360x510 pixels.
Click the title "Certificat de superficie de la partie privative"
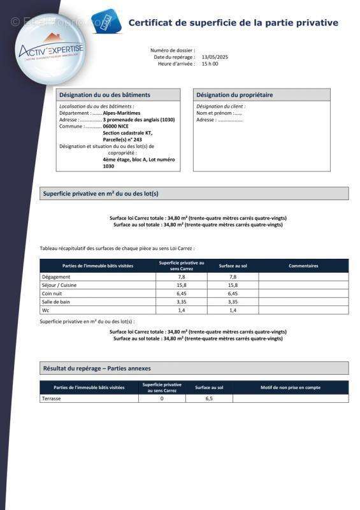click(x=233, y=22)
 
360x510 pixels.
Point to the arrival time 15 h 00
click(x=210, y=64)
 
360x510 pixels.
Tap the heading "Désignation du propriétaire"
click(x=234, y=94)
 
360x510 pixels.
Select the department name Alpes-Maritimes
click(x=122, y=113)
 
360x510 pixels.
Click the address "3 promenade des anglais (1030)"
click(x=138, y=119)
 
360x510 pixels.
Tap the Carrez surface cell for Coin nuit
click(x=182, y=293)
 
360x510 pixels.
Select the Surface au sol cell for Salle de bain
click(x=233, y=302)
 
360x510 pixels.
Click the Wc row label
click(x=46, y=310)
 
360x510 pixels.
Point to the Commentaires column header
click(x=303, y=265)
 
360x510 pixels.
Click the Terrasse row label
click(x=52, y=398)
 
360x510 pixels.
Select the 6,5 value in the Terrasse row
click(x=209, y=398)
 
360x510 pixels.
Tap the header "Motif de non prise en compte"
click(x=291, y=387)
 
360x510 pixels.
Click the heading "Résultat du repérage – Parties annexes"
click(x=97, y=368)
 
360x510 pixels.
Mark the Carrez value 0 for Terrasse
click(x=162, y=398)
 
